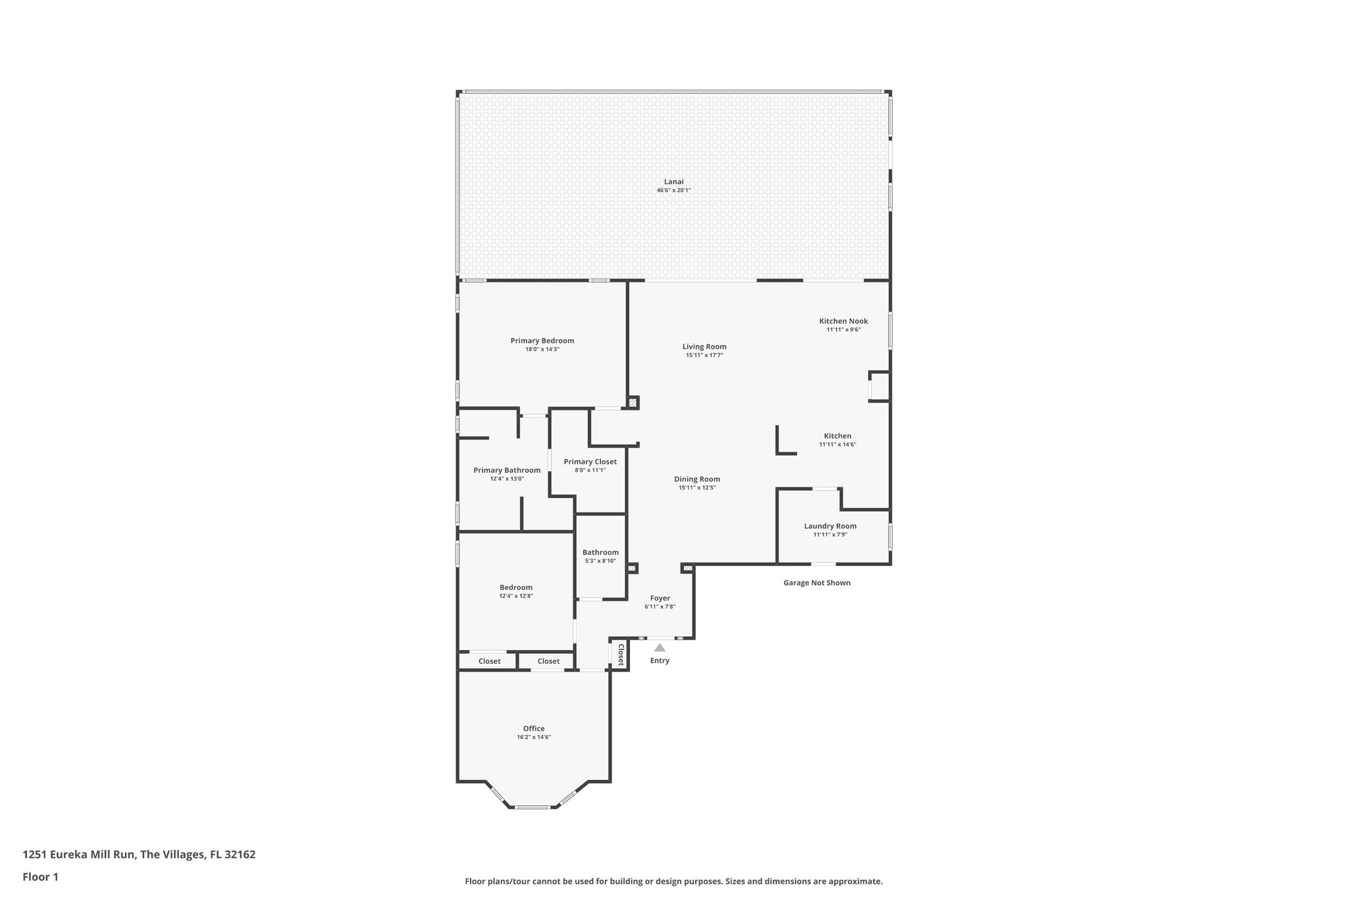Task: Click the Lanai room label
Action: (x=673, y=182)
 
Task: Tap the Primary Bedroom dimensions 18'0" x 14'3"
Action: (x=542, y=350)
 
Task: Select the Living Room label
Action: (x=704, y=346)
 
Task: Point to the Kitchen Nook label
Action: (x=843, y=321)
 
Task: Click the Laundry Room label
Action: (x=830, y=526)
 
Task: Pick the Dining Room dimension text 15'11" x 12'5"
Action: (x=697, y=488)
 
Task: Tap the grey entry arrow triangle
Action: (x=660, y=648)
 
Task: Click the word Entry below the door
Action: (x=660, y=661)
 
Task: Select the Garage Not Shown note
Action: (x=816, y=583)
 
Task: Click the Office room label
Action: (x=534, y=728)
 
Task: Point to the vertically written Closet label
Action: (x=620, y=655)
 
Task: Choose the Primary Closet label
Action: (x=590, y=462)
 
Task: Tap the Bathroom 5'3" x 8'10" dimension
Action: (x=600, y=561)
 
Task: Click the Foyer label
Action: (x=660, y=599)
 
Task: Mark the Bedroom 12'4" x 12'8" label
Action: (x=516, y=596)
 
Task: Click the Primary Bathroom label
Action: (x=507, y=470)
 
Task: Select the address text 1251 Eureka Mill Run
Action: (x=80, y=855)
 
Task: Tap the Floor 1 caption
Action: (x=40, y=877)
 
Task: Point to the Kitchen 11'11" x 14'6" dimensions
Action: (x=837, y=445)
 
